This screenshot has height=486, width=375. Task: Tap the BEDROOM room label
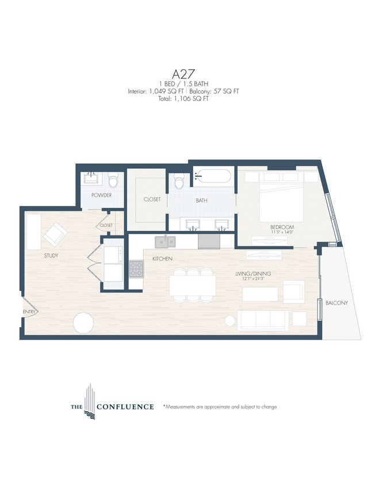point(282,227)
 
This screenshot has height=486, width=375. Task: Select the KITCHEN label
point(163,259)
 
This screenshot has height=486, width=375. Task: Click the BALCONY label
point(336,303)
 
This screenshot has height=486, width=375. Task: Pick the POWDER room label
point(101,195)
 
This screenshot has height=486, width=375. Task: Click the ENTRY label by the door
point(29,312)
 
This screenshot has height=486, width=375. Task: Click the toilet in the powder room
point(113,182)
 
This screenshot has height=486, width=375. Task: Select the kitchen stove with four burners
point(135,267)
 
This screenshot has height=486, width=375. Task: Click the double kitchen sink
point(165,241)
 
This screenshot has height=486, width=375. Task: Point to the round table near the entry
point(83,322)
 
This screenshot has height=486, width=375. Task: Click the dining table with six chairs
point(193,284)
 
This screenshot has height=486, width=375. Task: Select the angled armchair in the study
point(55,234)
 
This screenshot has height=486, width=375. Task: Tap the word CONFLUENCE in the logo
point(125,407)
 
